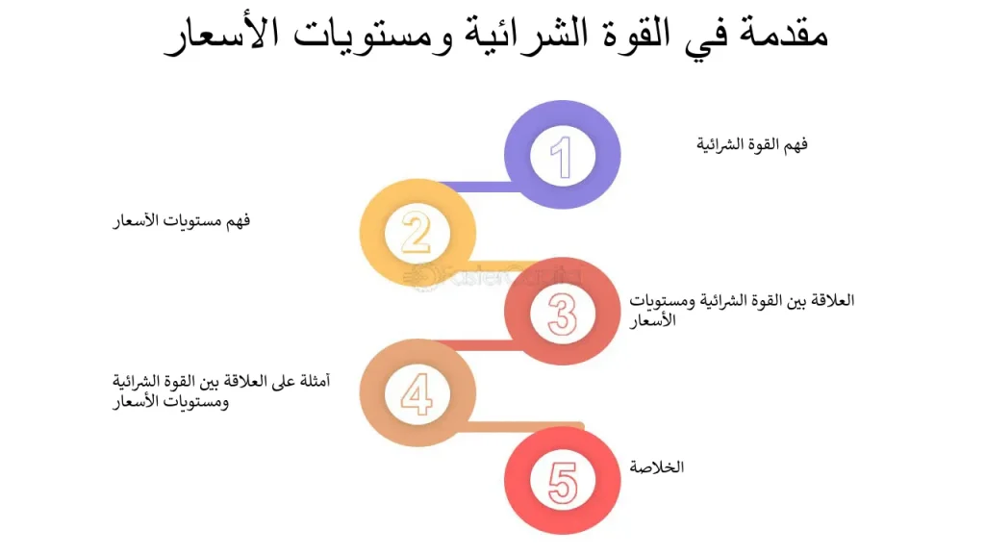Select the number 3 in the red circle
[563, 313]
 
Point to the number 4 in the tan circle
[417, 394]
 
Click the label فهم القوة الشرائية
[751, 145]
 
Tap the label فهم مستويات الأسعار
[180, 221]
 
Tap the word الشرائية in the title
[518, 34]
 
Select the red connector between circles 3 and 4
[481, 344]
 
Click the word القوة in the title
[624, 34]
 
